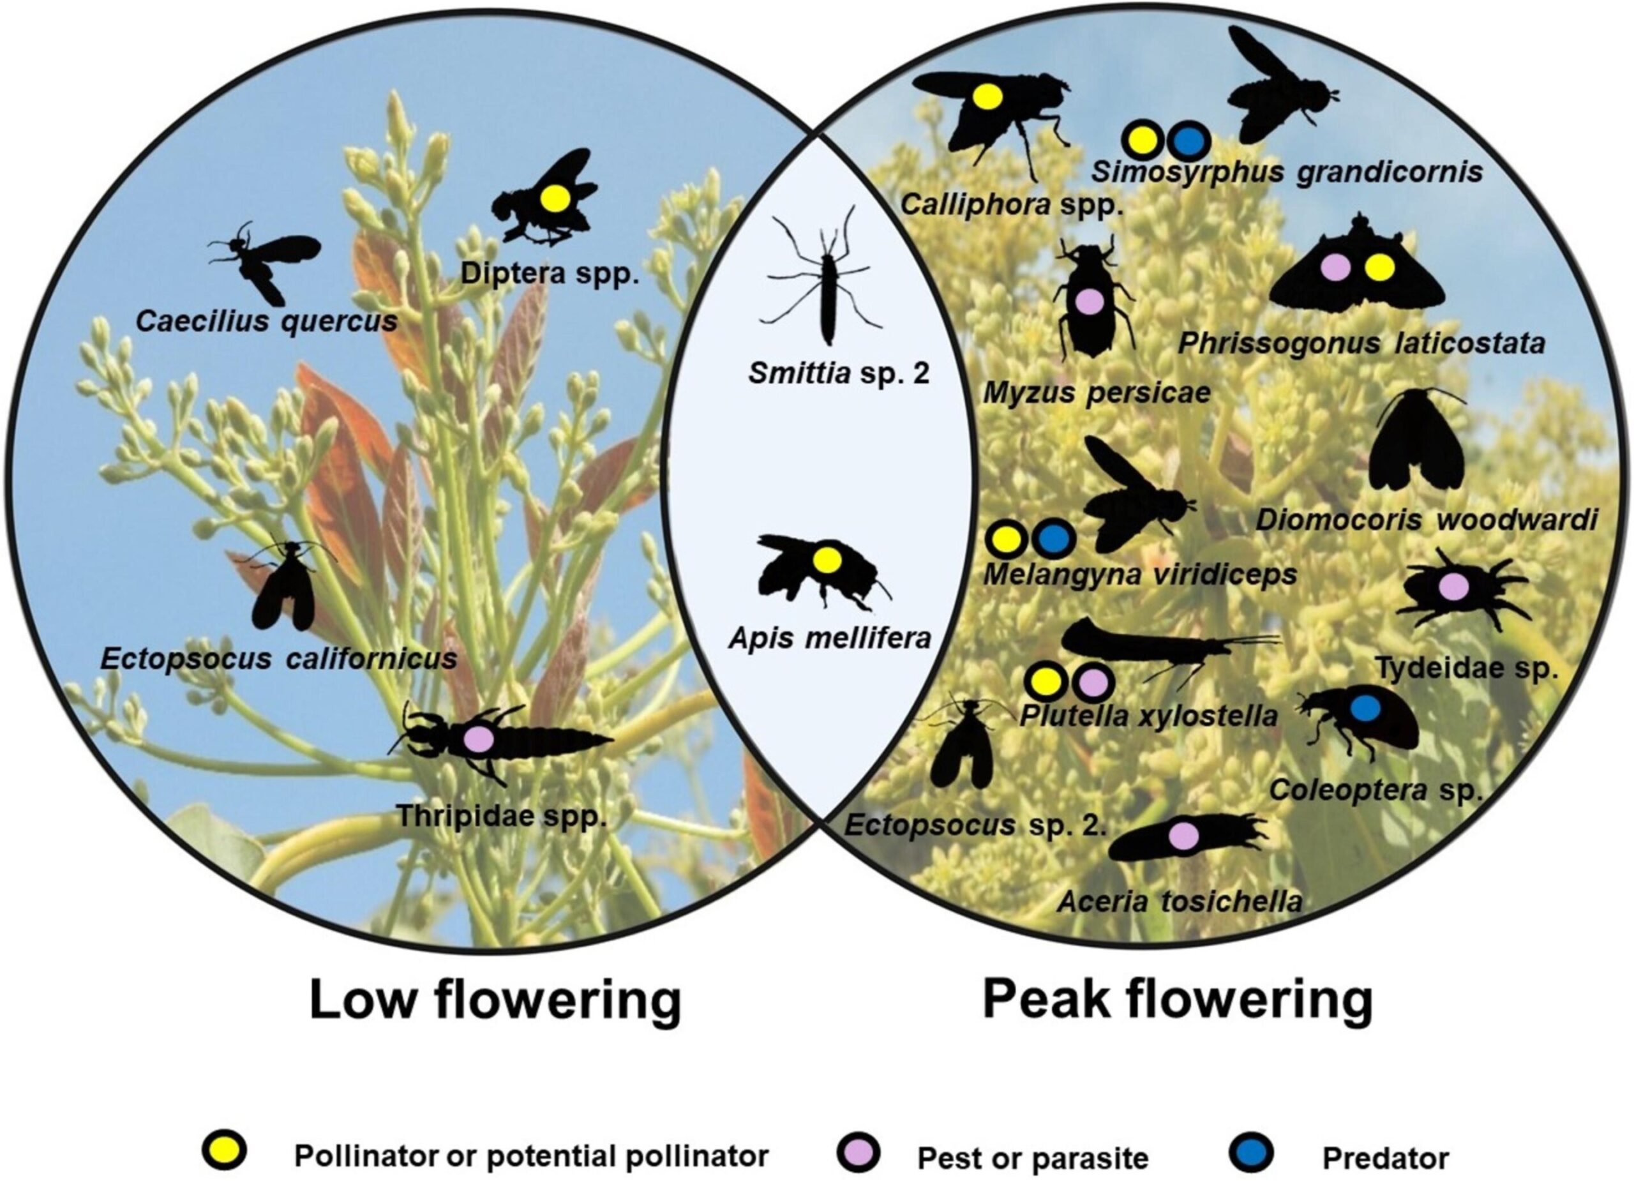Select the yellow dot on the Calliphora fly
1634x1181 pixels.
(988, 96)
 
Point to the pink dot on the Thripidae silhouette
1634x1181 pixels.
(478, 739)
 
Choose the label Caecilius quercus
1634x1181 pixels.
(267, 321)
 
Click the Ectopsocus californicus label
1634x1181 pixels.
(279, 659)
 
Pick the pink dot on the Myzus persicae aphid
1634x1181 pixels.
(1090, 301)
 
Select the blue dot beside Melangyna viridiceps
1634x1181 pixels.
(1053, 538)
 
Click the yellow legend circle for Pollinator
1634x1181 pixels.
(225, 1152)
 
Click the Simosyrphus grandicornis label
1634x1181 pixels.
(1287, 172)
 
